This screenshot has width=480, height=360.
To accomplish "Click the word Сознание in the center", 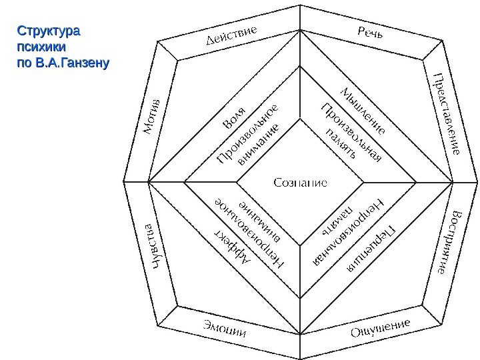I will click(300, 182).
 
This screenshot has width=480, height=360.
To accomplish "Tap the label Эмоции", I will click(225, 330).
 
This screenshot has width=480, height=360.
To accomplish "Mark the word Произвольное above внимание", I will click(247, 135).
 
